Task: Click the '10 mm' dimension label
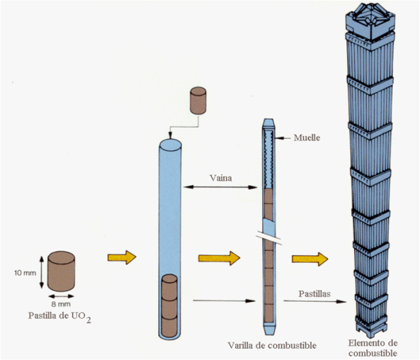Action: tap(25, 273)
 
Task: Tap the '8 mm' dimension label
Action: tap(61, 304)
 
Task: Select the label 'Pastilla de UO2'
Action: tap(59, 317)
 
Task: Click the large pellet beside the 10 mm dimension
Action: tap(62, 271)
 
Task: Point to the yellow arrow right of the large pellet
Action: tap(122, 258)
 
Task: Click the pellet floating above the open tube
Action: tap(198, 101)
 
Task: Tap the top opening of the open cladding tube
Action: tap(171, 145)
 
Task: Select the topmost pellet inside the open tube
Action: tap(170, 287)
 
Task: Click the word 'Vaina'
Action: tap(221, 178)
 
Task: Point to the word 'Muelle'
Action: tap(307, 137)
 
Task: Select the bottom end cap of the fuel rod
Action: tap(268, 329)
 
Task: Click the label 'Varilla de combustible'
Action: tap(272, 345)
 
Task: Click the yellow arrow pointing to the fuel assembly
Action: tap(310, 259)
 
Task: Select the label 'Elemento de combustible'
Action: tap(373, 348)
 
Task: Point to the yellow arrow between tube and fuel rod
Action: tap(219, 258)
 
